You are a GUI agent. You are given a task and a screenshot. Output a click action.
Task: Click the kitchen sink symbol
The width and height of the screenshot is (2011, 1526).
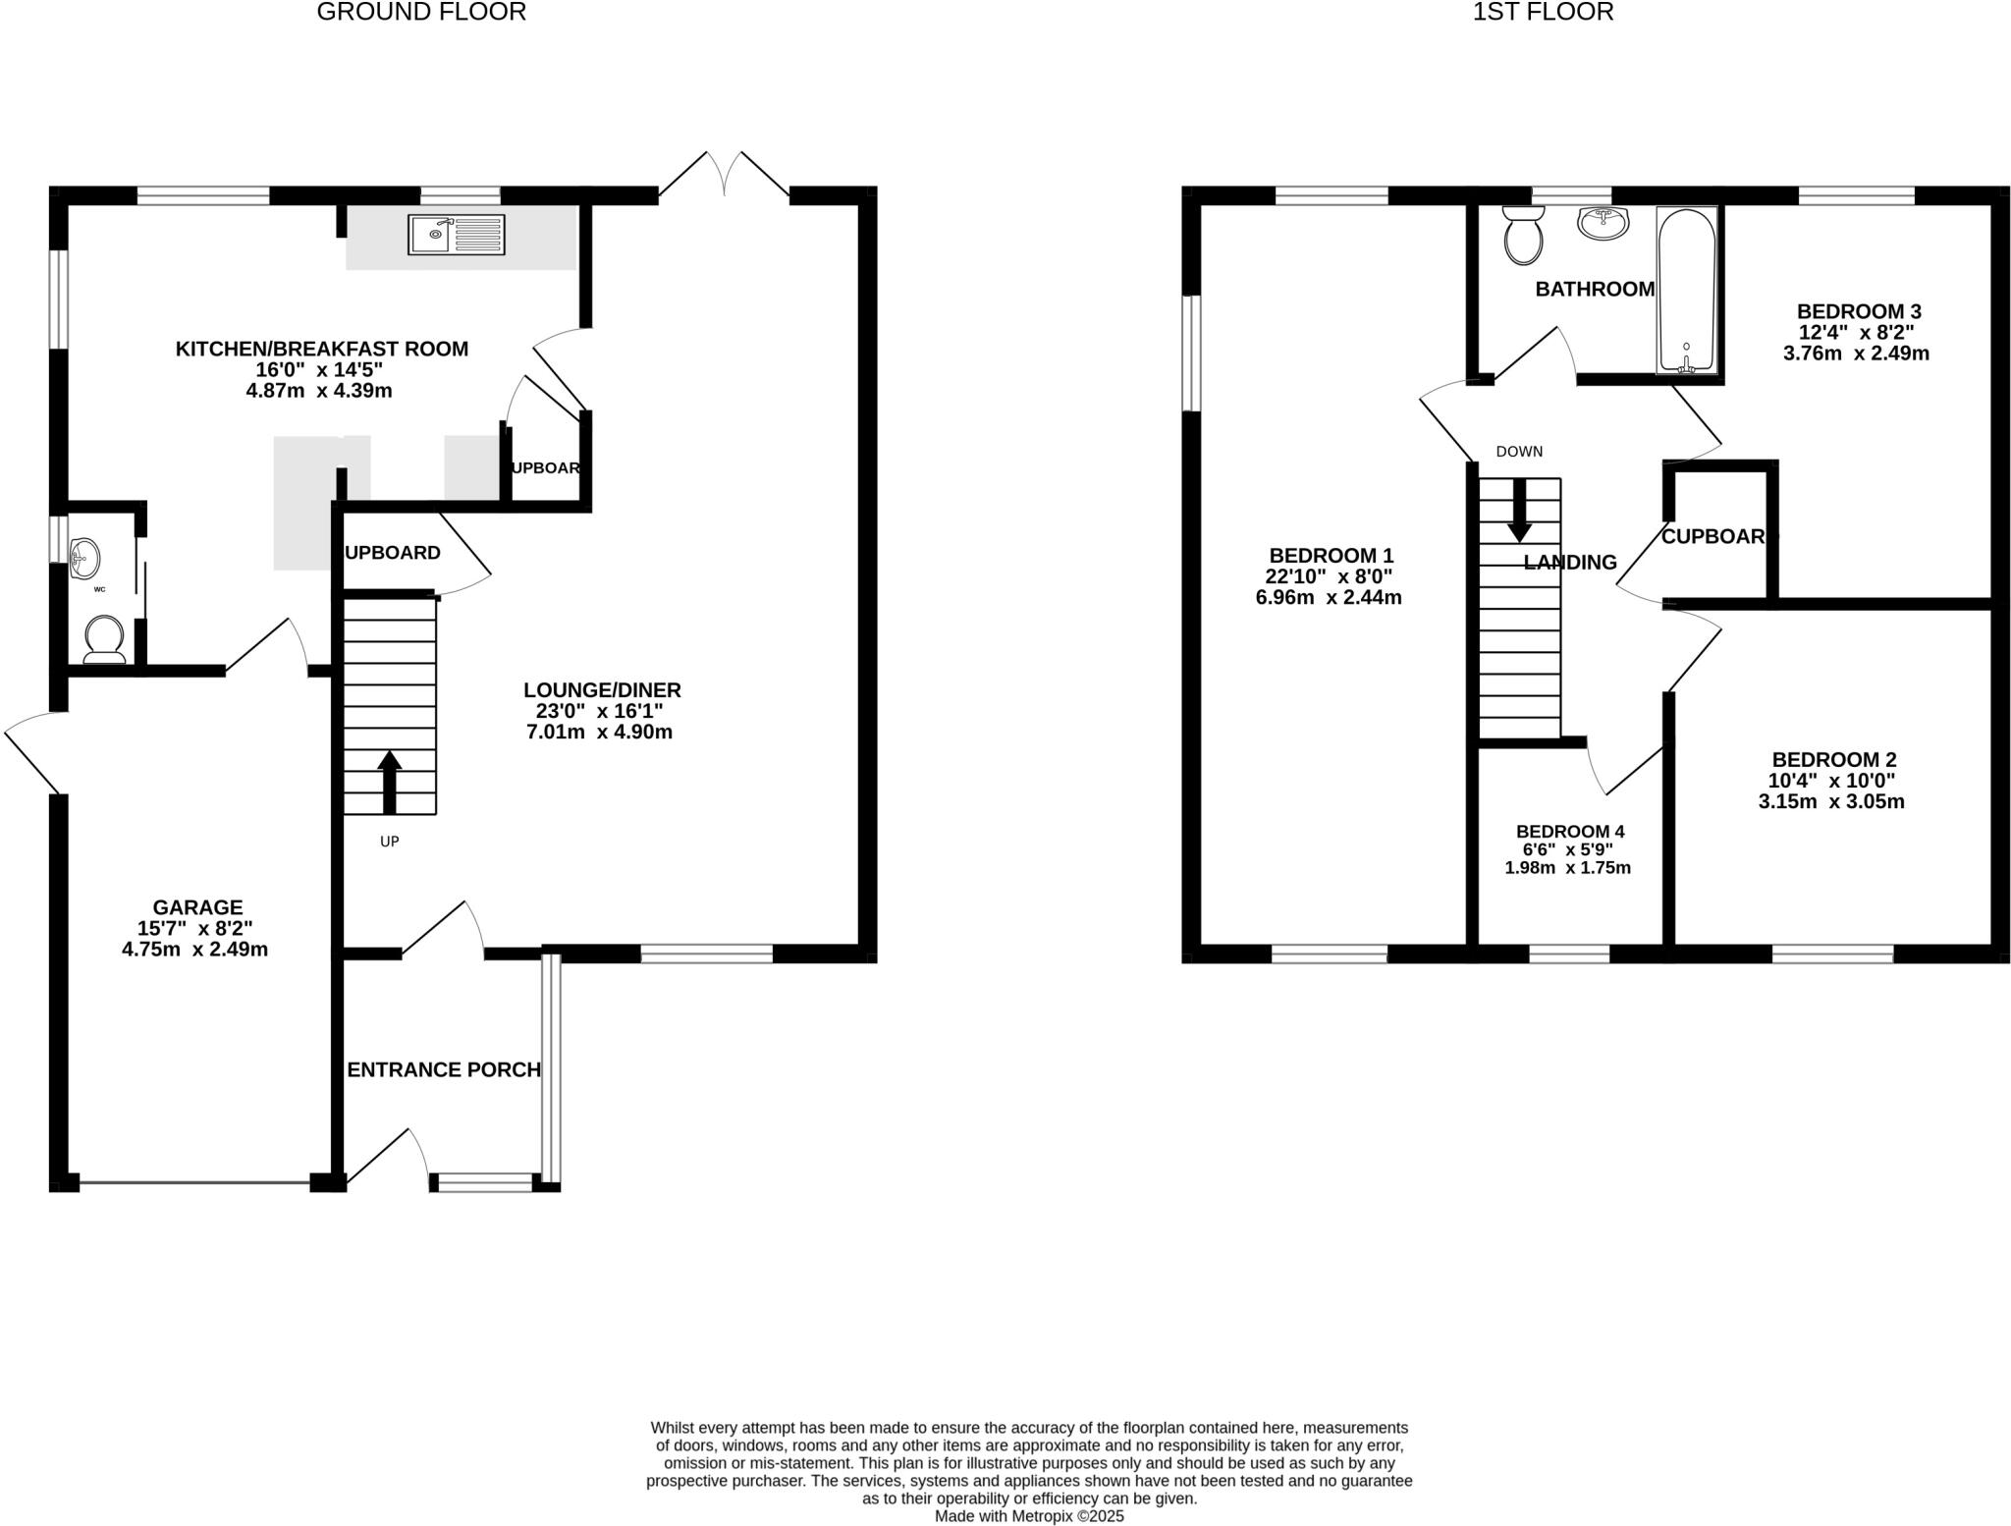point(456,235)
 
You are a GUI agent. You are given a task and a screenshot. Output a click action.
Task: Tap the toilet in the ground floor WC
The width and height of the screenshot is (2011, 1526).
point(104,638)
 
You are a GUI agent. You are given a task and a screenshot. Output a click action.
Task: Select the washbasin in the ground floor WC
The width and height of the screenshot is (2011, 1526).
point(85,558)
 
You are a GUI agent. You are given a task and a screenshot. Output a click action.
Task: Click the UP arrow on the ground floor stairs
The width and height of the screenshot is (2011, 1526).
point(390,782)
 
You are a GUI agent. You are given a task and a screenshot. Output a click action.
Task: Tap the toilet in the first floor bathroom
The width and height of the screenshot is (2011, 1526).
point(1523,236)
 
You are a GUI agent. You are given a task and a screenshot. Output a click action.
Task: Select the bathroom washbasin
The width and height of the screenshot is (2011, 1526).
point(1603,223)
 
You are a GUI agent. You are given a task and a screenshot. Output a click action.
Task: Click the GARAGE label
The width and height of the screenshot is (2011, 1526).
point(197,907)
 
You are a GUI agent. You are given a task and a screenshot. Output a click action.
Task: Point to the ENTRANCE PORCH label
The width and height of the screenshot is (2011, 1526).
point(444,1069)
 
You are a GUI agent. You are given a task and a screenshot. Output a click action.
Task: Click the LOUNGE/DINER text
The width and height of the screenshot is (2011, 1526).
point(602,690)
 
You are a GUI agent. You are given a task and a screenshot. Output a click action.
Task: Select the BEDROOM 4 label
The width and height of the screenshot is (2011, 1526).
point(1569,831)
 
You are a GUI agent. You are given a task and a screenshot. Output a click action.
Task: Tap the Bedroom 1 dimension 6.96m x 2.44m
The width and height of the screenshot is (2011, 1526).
point(1329,597)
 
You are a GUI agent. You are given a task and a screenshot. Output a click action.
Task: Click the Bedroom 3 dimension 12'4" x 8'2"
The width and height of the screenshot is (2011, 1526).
point(1856,332)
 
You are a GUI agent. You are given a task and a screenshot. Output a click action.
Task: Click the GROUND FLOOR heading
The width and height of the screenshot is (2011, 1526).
point(421,12)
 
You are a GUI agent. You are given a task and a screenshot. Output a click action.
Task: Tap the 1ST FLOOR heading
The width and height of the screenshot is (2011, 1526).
point(1543,12)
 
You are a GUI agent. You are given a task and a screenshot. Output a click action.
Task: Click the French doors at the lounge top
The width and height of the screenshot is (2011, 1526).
point(724,177)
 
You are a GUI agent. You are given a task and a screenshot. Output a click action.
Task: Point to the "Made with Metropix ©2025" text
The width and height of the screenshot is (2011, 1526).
point(1028,1515)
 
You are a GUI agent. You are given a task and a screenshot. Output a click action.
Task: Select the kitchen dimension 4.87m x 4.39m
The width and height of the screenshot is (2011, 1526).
point(319,391)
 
